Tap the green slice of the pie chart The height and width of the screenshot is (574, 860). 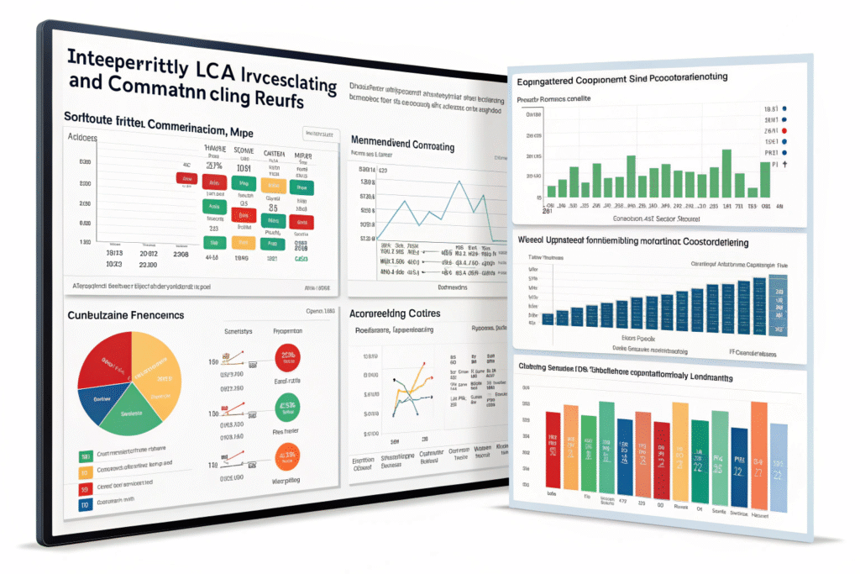click(134, 415)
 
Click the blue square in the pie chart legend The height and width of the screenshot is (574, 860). click(84, 505)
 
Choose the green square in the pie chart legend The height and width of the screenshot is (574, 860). click(84, 457)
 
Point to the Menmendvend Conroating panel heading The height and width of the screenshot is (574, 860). click(402, 146)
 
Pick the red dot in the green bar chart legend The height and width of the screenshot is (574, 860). click(784, 132)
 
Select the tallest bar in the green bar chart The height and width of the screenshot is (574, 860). click(726, 173)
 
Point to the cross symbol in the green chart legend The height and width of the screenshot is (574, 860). click(786, 166)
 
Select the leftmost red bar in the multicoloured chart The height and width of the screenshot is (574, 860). click(552, 450)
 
